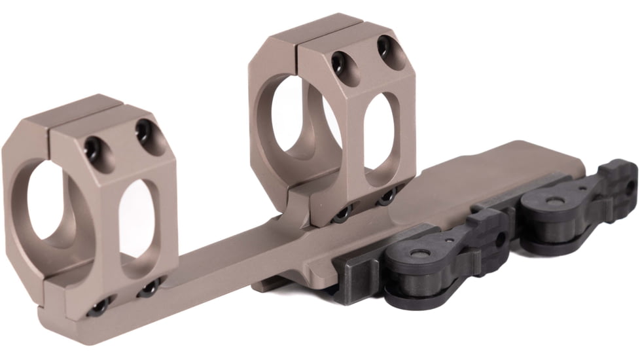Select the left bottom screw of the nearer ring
click(x=100, y=306)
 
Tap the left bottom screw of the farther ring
click(x=342, y=214)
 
